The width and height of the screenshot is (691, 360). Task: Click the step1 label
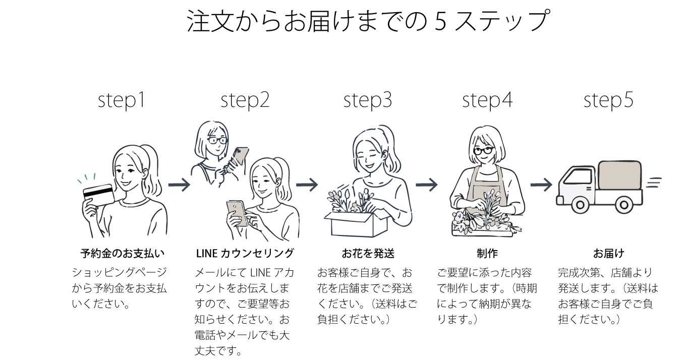[122, 100]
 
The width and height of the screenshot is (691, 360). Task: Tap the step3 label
[367, 100]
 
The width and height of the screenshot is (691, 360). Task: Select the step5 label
[608, 100]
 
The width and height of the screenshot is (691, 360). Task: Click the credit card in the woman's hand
[99, 194]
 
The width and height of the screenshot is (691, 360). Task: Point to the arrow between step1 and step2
[179, 185]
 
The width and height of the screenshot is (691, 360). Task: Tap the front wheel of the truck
[580, 205]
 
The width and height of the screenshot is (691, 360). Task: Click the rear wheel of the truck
[624, 205]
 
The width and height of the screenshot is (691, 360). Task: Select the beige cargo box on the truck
[620, 175]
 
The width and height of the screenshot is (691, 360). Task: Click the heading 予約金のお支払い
[123, 253]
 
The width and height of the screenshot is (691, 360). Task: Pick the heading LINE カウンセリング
[245, 253]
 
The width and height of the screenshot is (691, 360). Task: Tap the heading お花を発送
[368, 253]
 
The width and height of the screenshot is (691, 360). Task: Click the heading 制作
[487, 253]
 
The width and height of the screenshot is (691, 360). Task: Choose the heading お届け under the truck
[608, 253]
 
